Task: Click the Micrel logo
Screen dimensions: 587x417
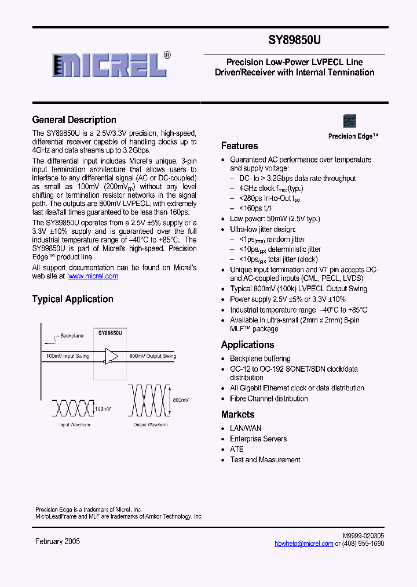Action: coord(110,63)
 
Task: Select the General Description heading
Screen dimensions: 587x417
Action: coord(74,120)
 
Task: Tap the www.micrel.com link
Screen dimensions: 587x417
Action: coord(93,277)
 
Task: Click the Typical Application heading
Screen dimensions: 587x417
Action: coord(72,299)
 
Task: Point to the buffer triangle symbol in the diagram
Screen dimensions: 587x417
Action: coord(111,356)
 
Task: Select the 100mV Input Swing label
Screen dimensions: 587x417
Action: coord(67,356)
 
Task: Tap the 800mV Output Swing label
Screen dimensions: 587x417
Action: coord(152,356)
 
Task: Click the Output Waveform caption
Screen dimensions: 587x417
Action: coord(150,425)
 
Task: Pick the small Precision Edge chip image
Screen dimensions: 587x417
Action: coord(350,121)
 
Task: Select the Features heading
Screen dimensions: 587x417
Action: coord(239,146)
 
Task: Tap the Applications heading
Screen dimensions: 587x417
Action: coord(247,345)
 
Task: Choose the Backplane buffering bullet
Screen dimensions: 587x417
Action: coord(260,358)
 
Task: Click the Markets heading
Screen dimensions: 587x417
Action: coord(237,415)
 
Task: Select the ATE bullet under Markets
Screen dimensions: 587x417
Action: coord(237,449)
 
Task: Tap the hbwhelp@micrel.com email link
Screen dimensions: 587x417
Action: coord(303,543)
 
